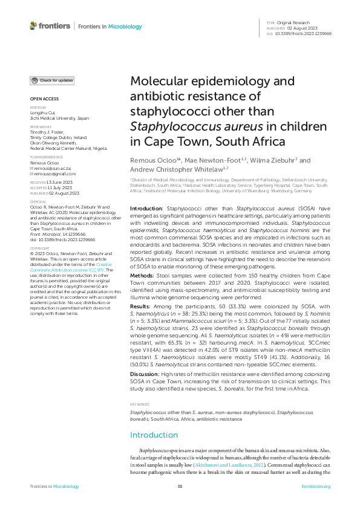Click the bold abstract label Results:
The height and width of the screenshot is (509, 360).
pyautogui.click(x=142, y=306)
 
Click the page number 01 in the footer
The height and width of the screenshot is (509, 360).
pyautogui.click(x=180, y=486)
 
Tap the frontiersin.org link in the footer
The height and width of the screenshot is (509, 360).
pyautogui.click(x=316, y=486)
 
